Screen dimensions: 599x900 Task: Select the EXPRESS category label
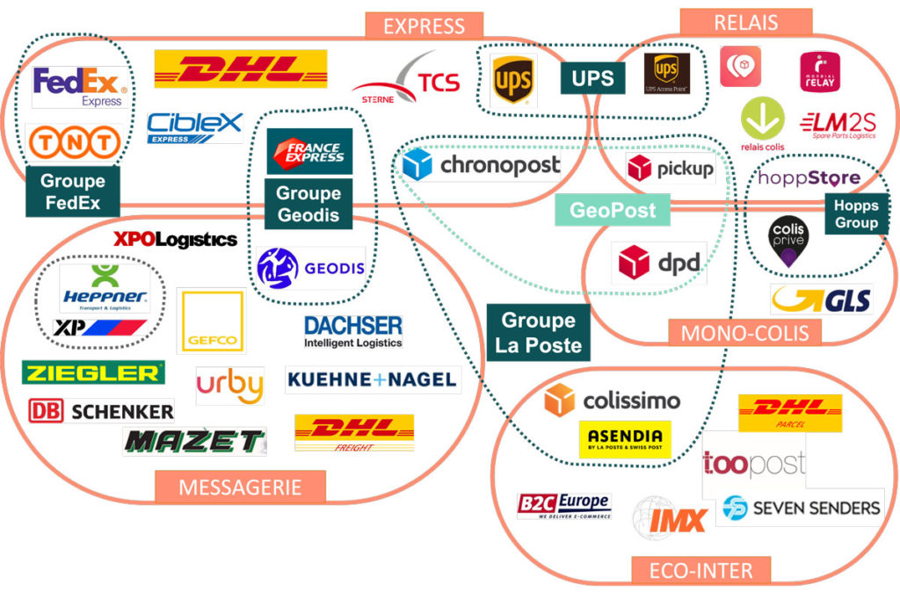pos(424,25)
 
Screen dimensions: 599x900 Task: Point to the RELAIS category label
pos(745,21)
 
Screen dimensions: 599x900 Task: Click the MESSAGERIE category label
pos(240,486)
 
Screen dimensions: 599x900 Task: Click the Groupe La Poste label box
pos(538,332)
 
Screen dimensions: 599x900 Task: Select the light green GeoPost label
pos(613,210)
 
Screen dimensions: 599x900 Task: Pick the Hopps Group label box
pos(856,215)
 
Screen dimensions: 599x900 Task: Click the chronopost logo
pos(482,165)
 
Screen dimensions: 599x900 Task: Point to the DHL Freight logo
pos(353,432)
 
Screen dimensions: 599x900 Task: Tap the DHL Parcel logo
pos(790,413)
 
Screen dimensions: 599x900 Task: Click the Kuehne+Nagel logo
pos(373,379)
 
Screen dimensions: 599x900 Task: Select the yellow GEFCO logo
pos(210,321)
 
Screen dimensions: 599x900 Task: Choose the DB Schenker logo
pos(100,410)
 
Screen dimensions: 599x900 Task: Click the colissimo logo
pos(612,401)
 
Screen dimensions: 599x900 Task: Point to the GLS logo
pos(821,299)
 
